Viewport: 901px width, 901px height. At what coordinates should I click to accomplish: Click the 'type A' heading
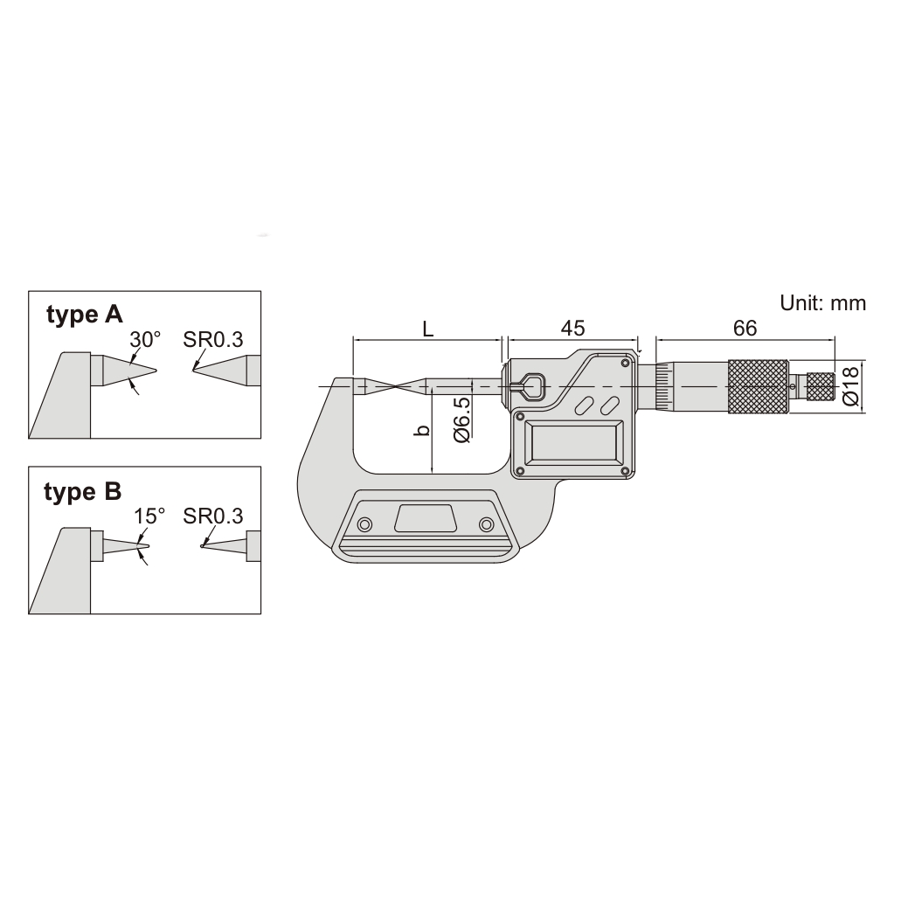tap(85, 315)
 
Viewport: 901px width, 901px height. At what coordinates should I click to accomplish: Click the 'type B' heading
tap(83, 492)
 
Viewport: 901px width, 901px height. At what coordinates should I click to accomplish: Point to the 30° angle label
tap(146, 338)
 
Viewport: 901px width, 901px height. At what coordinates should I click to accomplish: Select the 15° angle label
tap(149, 516)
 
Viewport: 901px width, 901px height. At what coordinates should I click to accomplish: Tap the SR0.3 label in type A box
tap(213, 338)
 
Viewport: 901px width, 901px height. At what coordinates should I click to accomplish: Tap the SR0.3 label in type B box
tap(213, 516)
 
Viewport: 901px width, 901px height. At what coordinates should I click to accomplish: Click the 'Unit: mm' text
tap(822, 302)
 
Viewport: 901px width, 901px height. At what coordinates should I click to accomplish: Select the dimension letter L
tap(427, 329)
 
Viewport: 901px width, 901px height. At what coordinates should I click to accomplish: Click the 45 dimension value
tap(572, 328)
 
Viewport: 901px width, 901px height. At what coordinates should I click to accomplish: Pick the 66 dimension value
tap(745, 328)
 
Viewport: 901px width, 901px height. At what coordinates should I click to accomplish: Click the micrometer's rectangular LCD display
tap(572, 444)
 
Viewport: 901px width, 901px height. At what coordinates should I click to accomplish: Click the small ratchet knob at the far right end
tap(820, 385)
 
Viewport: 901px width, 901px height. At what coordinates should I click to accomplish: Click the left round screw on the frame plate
tap(364, 523)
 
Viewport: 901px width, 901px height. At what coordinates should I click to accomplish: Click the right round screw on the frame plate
tap(486, 523)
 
